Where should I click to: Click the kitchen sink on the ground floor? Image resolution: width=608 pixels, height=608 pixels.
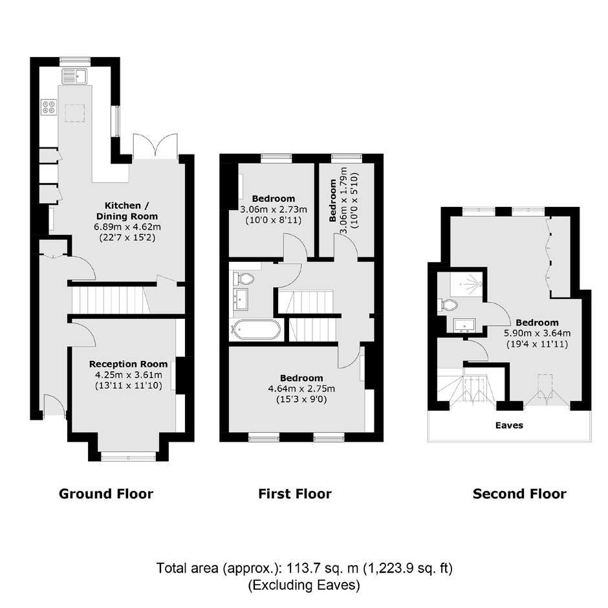[x=76, y=75]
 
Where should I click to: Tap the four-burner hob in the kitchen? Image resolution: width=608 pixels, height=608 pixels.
[x=49, y=107]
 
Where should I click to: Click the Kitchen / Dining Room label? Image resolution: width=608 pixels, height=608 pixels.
[x=127, y=211]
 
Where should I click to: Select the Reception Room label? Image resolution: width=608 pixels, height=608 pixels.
[x=128, y=364]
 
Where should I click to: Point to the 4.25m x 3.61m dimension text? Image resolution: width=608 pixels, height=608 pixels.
[x=128, y=375]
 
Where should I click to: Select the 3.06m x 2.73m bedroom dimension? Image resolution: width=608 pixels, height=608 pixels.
[x=274, y=210]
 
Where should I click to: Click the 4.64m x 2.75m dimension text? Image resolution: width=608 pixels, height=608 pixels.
[x=301, y=389]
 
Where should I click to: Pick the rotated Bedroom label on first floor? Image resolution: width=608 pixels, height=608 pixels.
[x=332, y=200]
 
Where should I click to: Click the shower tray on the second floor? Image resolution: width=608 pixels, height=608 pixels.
[x=466, y=284]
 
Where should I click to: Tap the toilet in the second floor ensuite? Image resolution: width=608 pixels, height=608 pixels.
[x=447, y=305]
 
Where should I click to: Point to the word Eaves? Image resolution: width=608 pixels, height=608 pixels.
[x=509, y=426]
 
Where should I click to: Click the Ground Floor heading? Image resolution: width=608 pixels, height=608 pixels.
[x=106, y=494]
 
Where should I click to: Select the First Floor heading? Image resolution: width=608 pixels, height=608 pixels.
[x=295, y=494]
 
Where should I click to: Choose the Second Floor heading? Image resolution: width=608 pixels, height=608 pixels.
[x=519, y=494]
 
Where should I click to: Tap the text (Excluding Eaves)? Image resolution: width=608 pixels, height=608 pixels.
[x=304, y=585]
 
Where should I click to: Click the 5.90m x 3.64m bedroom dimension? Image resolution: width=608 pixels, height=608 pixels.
[x=537, y=333]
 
